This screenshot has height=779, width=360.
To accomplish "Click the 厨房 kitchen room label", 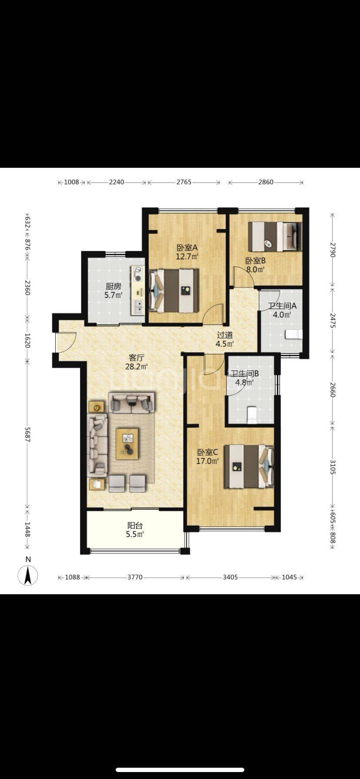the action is pos(113,286).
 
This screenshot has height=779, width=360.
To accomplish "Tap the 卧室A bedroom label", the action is pos(187,248).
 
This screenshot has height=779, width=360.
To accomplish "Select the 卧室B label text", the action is pos(255,261).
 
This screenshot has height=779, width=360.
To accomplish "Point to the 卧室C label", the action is pos(207,452).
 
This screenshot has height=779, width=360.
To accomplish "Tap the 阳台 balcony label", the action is pos(135,526).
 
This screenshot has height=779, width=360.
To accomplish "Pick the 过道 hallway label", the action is pos(225,335).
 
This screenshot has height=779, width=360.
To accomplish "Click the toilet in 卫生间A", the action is pos(294,334).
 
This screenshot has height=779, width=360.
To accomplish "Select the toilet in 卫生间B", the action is pos(252,415).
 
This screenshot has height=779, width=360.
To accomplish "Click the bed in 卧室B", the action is pos(275,236).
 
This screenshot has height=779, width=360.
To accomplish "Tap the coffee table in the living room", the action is pos(127,444).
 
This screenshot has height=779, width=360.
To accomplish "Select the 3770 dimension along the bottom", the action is pos(135,577).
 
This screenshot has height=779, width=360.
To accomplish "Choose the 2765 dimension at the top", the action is pos(183,182).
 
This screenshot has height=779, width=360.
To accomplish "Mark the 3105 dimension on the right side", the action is pos(333,466).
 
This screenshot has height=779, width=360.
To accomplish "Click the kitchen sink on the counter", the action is pos(139,307).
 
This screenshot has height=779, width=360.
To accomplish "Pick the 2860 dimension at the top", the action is pos(266,182).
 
